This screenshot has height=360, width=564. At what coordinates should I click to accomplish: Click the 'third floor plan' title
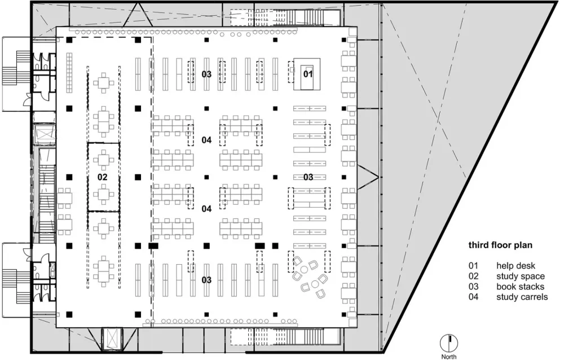click(500, 245)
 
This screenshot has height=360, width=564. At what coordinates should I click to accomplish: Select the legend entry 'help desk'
click(516, 266)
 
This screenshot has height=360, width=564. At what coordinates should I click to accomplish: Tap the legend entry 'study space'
click(521, 276)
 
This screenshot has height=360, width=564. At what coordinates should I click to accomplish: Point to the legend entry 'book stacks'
click(520, 287)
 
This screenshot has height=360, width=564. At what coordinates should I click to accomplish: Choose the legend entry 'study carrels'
click(522, 297)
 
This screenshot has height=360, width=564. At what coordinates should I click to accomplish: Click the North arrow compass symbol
click(449, 343)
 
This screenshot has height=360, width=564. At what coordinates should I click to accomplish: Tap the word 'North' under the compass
click(449, 357)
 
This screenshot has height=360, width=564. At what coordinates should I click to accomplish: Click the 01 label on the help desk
click(308, 74)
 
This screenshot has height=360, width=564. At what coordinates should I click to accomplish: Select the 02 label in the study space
click(103, 177)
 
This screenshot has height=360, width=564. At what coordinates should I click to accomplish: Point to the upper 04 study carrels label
click(206, 140)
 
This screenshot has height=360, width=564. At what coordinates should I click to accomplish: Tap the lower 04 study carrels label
click(206, 209)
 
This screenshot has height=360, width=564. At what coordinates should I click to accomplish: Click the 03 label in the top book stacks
click(206, 74)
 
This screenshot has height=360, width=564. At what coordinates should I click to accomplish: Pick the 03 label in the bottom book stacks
click(206, 280)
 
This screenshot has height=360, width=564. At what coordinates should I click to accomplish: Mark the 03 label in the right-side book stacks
click(309, 177)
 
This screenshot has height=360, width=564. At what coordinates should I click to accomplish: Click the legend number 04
click(473, 297)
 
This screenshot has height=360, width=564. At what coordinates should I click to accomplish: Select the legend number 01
click(473, 266)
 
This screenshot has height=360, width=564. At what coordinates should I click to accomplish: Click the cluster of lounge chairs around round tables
click(310, 277)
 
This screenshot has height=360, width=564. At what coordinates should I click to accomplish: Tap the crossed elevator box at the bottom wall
click(112, 339)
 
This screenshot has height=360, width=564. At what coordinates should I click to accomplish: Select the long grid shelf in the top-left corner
click(69, 73)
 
